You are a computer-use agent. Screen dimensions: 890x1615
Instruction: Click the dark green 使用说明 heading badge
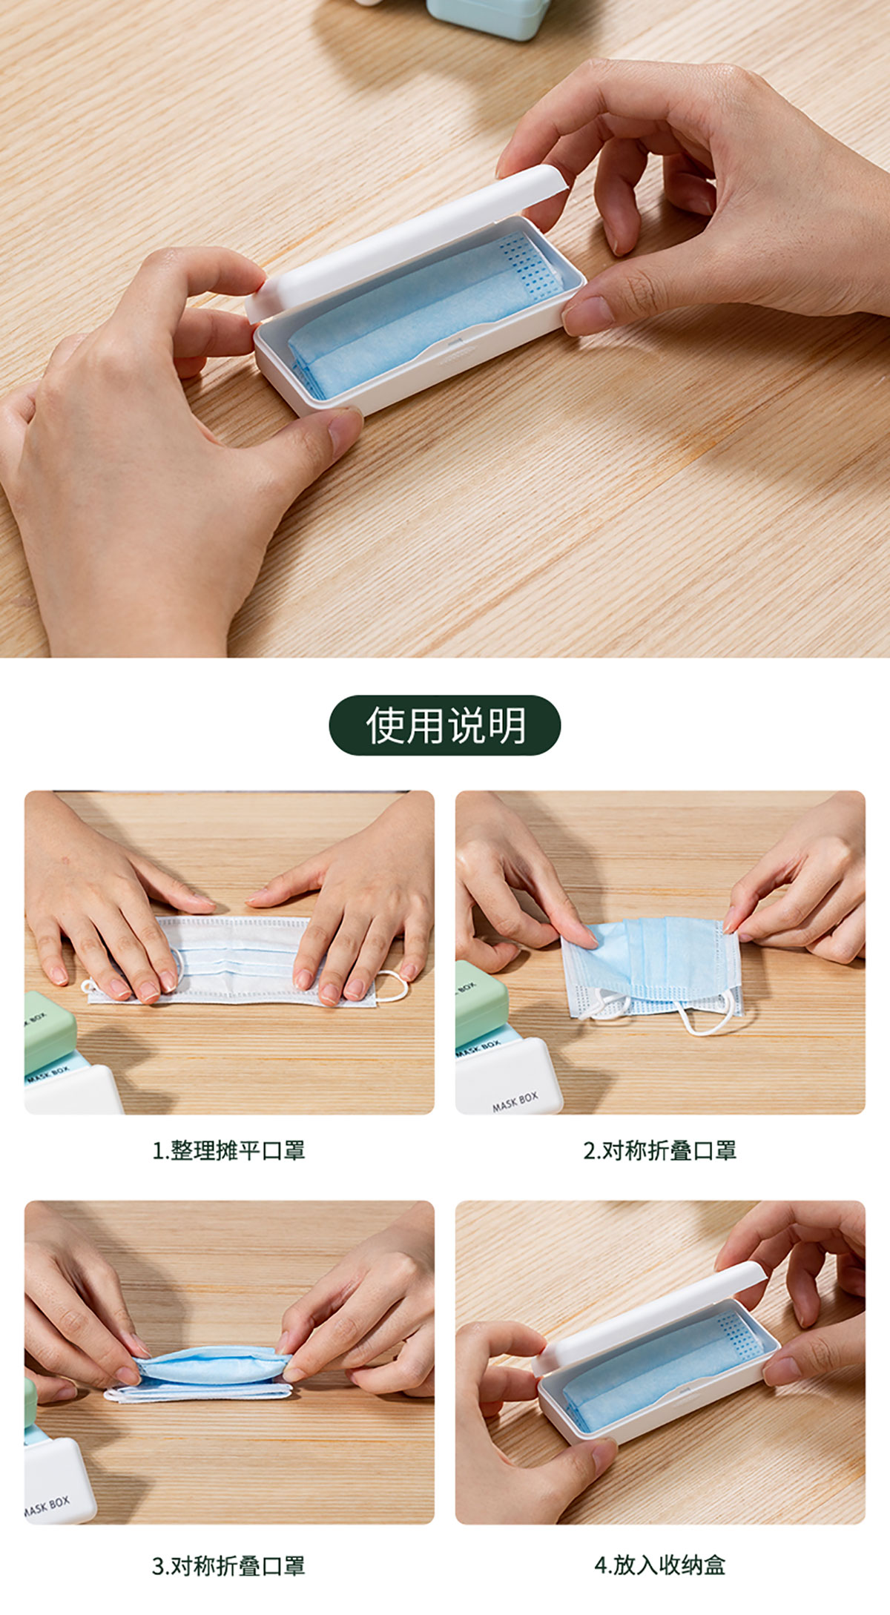pyautogui.click(x=445, y=725)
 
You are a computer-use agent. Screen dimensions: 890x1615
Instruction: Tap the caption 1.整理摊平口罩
pyautogui.click(x=228, y=1151)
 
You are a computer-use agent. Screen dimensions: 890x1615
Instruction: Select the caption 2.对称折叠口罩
pyautogui.click(x=660, y=1151)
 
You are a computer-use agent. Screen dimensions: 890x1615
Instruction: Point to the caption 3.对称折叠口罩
pyautogui.click(x=228, y=1566)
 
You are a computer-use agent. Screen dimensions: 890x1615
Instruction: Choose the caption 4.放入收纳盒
pyautogui.click(x=660, y=1565)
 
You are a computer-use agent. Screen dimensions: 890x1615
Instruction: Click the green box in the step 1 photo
pyautogui.click(x=47, y=1031)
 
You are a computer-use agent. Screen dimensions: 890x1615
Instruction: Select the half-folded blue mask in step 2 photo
pyautogui.click(x=653, y=964)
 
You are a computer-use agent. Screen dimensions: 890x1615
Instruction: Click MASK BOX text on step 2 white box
pyautogui.click(x=515, y=1102)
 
